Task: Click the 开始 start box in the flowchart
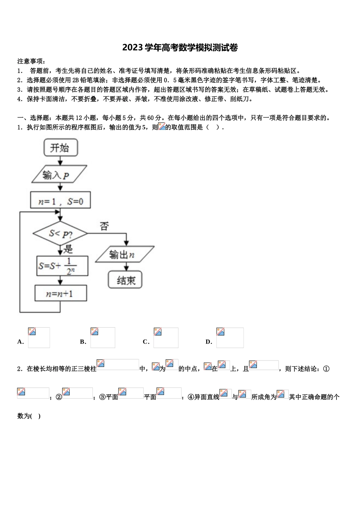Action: [61, 147]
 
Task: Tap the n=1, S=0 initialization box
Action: [61, 201]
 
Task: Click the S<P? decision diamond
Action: [60, 234]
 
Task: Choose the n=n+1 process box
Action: [61, 294]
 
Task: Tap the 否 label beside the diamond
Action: [104, 226]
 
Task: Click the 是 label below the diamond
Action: [68, 249]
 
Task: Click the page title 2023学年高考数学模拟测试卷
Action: [180, 48]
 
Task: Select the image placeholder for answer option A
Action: [39, 337]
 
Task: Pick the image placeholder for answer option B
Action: [103, 337]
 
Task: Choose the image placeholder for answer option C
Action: [166, 337]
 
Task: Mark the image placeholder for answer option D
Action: [230, 337]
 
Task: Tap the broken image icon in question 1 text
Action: [161, 127]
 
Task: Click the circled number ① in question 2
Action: [326, 368]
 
